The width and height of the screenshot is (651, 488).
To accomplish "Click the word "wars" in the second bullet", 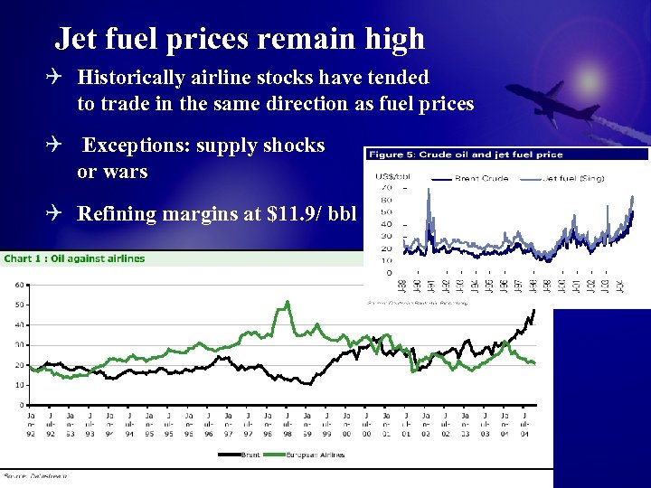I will tap(125, 171).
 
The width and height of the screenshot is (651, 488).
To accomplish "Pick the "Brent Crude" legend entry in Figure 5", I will tap(478, 178).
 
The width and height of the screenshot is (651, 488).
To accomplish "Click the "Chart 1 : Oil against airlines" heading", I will tap(75, 258).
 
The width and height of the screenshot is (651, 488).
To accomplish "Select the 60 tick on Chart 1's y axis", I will tap(20, 285).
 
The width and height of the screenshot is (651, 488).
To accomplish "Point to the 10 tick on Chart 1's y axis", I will tap(20, 385).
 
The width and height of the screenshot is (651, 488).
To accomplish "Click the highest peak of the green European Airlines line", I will tap(288, 303).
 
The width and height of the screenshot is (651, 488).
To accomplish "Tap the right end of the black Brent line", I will tap(533, 310).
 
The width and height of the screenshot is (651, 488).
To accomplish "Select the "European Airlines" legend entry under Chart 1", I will tap(315, 455).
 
